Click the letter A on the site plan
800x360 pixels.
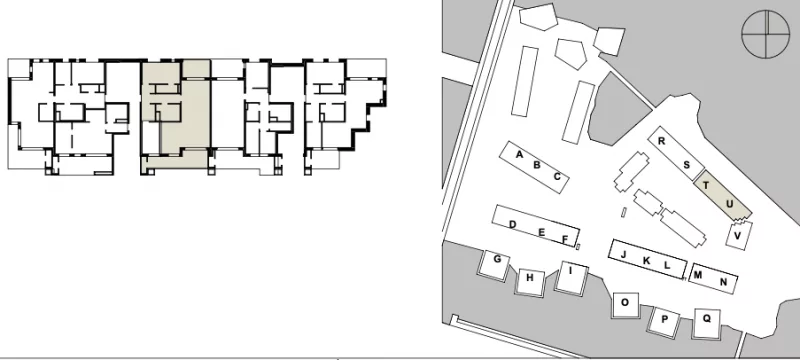pos(519,155)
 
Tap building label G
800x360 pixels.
pos(497,259)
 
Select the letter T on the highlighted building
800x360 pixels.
pos(706,185)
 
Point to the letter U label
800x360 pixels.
pos(730,204)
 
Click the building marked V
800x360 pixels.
pos(738,236)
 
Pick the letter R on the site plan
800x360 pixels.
pos(661,141)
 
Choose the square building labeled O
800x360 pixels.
pos(626,305)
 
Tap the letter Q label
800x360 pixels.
pos(707,318)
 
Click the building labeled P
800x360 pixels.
pos(665,321)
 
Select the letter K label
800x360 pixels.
pos(646,261)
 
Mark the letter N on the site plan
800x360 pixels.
pos(723,282)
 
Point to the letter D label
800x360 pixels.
pos(513,224)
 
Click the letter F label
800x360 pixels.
pos(565,239)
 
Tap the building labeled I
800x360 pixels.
pos(571,277)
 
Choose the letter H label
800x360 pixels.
pos(530,278)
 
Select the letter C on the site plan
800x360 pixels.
pos(557,177)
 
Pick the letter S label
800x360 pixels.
pos(687,165)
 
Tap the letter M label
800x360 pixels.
pos(698,275)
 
